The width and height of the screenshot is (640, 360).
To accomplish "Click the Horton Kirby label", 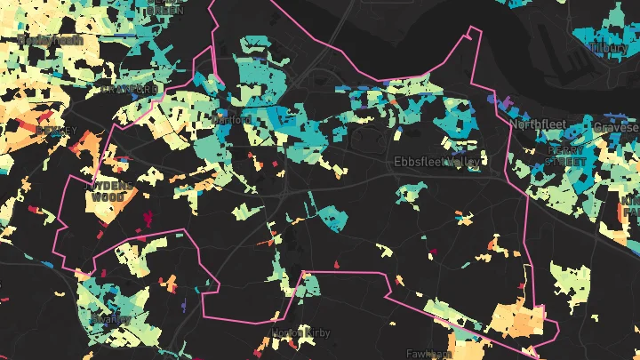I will pos(300,332).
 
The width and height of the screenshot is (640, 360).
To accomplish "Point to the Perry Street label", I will pos(567,157).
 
